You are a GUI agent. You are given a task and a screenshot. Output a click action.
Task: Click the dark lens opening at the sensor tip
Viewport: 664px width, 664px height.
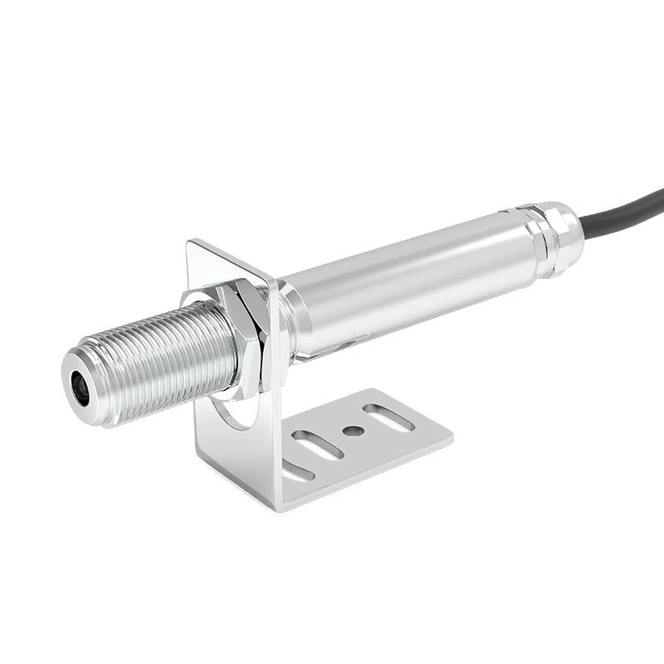click(81, 387)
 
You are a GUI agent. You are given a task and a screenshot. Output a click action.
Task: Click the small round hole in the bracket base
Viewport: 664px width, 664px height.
click(351, 431)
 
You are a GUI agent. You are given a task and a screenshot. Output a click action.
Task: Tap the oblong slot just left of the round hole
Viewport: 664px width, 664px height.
click(315, 445)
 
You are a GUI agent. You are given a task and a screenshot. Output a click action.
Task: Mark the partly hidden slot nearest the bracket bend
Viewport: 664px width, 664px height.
click(296, 472)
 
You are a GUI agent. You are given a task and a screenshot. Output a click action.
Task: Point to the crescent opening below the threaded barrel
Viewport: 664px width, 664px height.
click(237, 411)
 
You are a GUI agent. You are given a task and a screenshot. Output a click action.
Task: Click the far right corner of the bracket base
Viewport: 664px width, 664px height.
click(452, 433)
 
